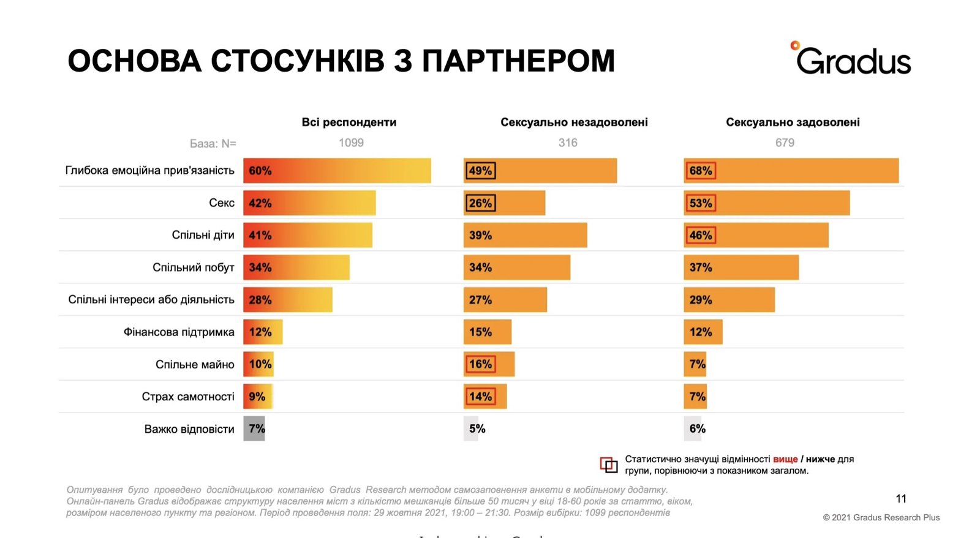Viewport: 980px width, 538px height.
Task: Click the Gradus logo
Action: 852,60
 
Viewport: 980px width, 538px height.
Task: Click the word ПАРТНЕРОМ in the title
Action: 518,61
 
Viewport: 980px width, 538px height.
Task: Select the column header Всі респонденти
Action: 349,122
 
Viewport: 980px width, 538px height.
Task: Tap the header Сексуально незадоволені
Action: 574,122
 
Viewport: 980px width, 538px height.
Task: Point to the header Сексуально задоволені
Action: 793,122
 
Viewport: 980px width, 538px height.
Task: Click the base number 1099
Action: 351,143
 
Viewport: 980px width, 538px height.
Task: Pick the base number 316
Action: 568,143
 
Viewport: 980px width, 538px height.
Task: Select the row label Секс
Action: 222,203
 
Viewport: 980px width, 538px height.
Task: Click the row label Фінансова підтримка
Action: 179,332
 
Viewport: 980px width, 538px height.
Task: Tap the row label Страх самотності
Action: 188,397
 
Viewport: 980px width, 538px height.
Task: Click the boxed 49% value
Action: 480,171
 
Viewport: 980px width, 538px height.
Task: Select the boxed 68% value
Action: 700,171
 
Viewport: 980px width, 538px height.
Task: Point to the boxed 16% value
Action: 480,364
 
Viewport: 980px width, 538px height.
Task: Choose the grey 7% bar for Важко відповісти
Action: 254,429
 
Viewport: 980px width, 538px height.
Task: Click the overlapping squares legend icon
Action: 608,465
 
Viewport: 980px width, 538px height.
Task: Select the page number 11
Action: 901,499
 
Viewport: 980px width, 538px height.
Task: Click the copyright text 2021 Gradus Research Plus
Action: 881,518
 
